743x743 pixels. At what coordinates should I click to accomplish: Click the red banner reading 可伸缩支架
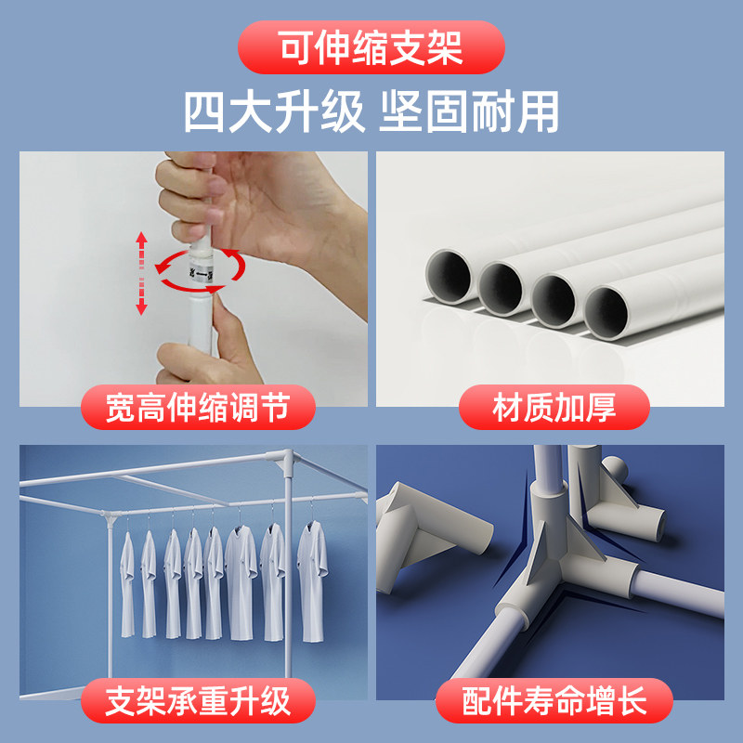[371, 46]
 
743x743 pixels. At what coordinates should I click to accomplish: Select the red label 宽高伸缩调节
[196, 408]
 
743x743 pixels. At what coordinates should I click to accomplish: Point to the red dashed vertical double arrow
[141, 273]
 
